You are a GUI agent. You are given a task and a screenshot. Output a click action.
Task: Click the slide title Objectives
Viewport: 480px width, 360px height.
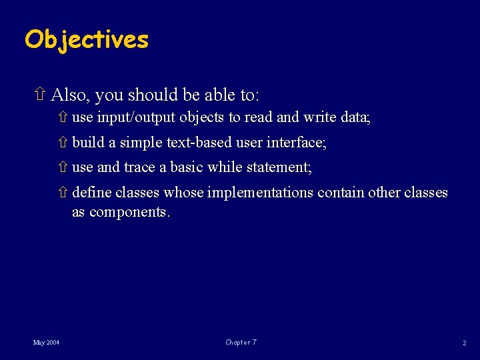[87, 40]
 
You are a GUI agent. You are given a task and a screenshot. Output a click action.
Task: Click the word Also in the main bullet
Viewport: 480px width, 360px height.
[69, 95]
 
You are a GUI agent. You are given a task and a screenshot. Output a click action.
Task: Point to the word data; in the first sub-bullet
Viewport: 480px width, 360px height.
[355, 118]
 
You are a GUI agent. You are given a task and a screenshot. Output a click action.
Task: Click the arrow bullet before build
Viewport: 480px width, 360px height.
[63, 143]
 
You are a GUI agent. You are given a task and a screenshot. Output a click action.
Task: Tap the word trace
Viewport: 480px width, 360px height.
[139, 167]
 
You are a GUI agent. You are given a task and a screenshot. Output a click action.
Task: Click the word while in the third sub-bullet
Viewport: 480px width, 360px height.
[225, 167]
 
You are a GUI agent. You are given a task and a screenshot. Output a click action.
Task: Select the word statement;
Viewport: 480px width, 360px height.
[279, 167]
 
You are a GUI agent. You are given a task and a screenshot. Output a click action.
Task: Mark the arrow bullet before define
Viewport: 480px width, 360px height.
[63, 193]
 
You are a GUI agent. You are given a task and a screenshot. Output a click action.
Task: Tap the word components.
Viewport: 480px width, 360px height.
[130, 212]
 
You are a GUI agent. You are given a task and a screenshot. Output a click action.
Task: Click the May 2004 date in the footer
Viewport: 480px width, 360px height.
[46, 343]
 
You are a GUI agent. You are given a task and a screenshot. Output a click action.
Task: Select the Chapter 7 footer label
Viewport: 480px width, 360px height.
[241, 343]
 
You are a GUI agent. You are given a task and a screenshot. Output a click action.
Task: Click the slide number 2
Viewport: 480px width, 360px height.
[464, 343]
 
